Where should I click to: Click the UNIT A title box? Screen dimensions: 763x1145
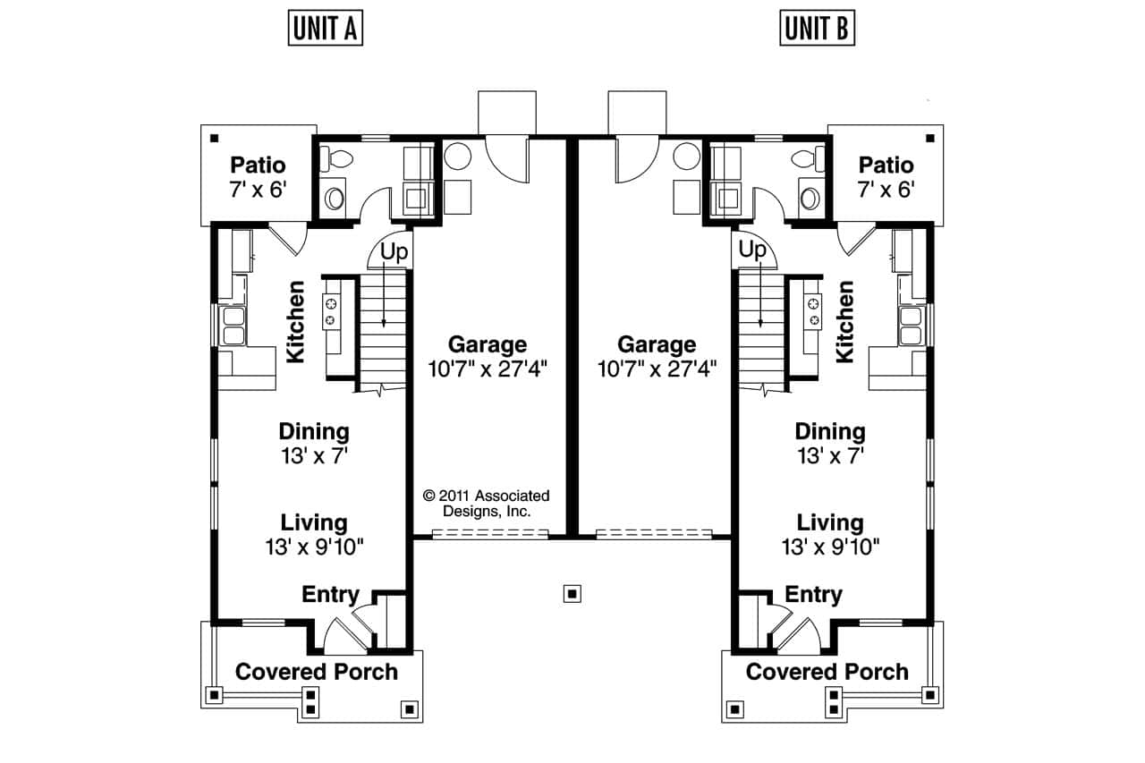[326, 29]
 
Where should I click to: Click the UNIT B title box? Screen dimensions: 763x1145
[818, 29]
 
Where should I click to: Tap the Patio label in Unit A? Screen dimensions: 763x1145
[258, 165]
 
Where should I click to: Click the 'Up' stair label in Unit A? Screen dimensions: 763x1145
[394, 251]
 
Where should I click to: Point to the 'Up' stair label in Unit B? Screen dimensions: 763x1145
[753, 250]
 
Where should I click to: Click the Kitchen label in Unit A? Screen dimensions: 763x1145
[295, 322]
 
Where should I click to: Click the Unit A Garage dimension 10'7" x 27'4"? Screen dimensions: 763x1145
[488, 368]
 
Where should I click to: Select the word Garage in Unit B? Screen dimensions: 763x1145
[657, 344]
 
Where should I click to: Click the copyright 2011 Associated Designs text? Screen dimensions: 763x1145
[487, 504]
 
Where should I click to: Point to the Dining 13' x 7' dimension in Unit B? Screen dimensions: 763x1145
[830, 455]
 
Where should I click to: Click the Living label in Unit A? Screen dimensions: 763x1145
[314, 522]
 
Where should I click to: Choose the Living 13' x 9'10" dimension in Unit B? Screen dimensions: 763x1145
[830, 547]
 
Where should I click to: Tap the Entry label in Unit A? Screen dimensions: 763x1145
[330, 595]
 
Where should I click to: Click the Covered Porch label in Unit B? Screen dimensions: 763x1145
[827, 672]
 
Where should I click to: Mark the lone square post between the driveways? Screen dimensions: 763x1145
[572, 592]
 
